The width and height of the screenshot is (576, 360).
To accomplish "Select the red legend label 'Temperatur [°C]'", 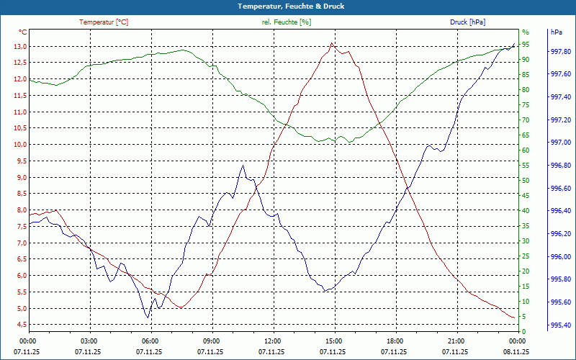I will (104, 22).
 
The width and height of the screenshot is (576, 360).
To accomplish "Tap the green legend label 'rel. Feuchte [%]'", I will (287, 22).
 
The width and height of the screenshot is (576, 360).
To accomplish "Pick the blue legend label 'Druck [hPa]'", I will (467, 22).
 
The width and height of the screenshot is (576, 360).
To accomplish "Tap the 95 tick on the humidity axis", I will (526, 44).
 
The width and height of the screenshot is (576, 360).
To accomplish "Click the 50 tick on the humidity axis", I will (526, 181).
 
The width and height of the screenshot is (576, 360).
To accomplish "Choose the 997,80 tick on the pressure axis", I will (561, 52).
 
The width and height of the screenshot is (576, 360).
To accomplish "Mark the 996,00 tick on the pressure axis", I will (561, 257).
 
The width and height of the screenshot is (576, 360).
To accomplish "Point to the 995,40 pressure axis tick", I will (561, 325).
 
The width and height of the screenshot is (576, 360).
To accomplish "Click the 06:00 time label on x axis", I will (150, 341).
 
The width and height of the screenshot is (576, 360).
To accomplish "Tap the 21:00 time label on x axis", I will (455, 341).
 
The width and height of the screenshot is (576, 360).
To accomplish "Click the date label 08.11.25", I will (516, 352).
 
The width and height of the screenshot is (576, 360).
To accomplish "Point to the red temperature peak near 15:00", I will (331, 43).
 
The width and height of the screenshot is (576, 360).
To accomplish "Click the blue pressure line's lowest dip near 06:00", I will (148, 318).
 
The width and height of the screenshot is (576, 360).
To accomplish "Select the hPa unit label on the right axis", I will (557, 32).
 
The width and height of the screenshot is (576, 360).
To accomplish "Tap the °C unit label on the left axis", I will (23, 32).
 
